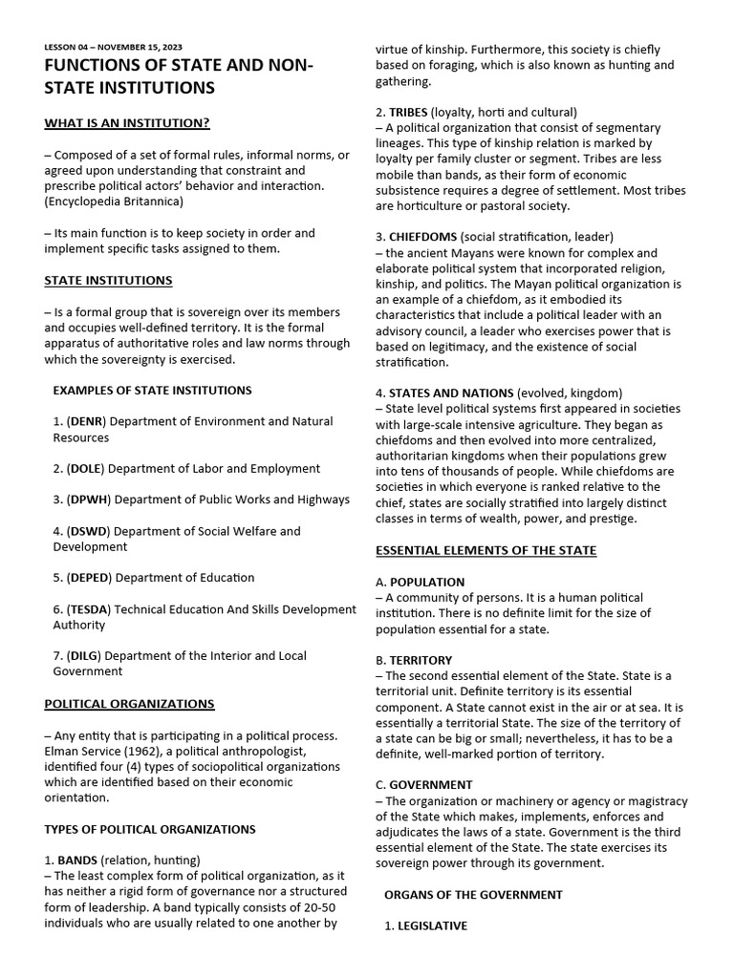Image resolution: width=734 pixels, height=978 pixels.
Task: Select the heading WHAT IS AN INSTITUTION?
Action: pos(127,123)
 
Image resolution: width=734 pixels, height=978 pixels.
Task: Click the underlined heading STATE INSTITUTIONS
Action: pos(108,280)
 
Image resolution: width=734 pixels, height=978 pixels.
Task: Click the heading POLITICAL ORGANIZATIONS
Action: pos(129,704)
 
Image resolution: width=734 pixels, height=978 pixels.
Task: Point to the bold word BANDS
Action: pos(76,860)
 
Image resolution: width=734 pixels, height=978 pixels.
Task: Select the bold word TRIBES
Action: pos(408,112)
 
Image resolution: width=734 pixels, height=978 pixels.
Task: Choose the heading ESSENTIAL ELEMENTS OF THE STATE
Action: pos(486,550)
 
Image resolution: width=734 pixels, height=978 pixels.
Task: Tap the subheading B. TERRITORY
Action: pos(414,660)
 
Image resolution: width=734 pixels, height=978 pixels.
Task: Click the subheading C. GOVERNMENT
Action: pos(423,785)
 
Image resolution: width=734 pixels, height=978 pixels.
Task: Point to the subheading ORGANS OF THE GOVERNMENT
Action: pos(473,895)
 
